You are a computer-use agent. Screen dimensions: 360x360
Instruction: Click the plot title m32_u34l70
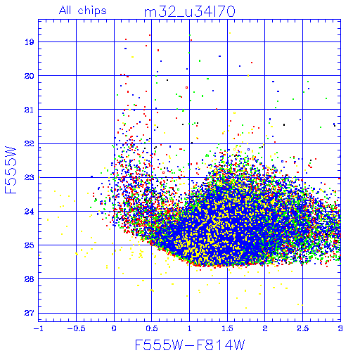click(190, 12)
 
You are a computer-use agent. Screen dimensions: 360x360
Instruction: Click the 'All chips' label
click(83, 11)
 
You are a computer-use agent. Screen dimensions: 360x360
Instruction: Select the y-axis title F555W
click(11, 170)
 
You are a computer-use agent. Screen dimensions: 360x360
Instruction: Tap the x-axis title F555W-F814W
click(190, 345)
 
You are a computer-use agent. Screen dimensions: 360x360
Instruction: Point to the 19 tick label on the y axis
click(30, 42)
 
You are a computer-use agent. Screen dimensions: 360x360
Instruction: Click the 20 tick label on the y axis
click(30, 76)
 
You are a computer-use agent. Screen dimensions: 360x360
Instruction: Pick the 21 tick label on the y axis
click(30, 110)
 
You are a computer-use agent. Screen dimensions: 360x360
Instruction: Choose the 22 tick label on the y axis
click(30, 143)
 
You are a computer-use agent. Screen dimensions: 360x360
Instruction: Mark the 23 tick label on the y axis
click(30, 177)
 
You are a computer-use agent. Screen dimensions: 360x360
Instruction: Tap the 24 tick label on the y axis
click(30, 212)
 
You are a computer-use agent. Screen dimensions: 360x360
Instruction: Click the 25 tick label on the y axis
click(30, 245)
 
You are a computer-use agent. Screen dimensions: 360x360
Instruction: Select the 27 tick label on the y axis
click(30, 313)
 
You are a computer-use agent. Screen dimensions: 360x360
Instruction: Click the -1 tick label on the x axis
click(37, 328)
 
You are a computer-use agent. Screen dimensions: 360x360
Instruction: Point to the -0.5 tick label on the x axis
click(76, 328)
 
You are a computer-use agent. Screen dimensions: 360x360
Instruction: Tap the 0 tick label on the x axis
click(114, 328)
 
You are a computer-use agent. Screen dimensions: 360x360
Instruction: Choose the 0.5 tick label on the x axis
click(152, 328)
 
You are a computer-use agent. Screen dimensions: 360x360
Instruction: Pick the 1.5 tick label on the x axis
click(227, 328)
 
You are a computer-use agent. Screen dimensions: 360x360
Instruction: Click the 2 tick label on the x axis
click(265, 328)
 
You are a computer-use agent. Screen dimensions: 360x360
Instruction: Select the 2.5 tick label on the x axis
click(303, 328)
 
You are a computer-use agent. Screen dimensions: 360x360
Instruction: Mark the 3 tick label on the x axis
click(340, 328)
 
